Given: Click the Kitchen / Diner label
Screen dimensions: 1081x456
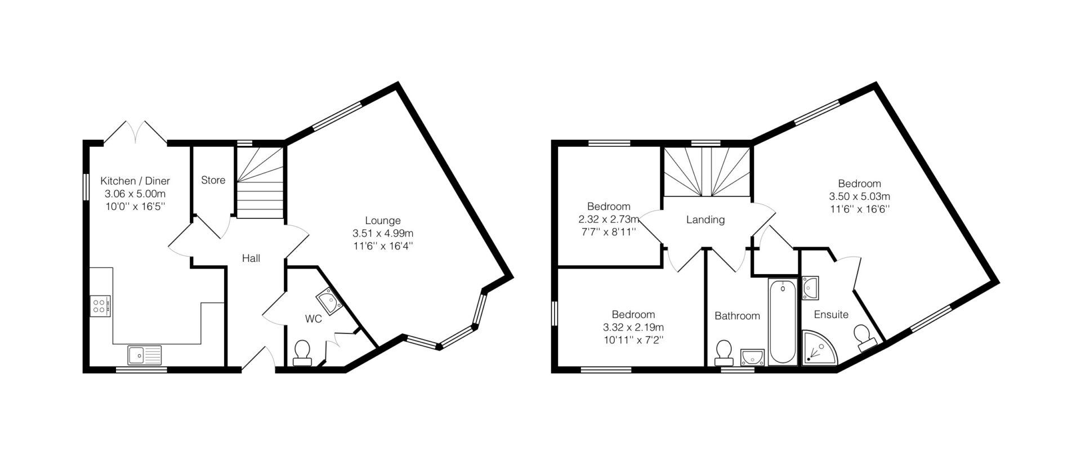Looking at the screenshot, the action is tap(135, 181).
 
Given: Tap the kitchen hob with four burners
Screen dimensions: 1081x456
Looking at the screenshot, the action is tap(100, 306).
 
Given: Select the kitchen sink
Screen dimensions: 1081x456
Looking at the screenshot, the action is tap(144, 355).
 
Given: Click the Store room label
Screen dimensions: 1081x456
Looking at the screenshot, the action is tap(213, 180).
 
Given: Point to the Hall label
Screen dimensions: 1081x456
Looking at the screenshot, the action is tap(251, 258).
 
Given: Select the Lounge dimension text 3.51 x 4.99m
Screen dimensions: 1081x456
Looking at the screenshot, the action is tap(383, 233).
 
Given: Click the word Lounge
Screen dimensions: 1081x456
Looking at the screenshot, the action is tap(383, 221).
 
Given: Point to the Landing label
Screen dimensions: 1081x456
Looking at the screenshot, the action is tap(705, 220).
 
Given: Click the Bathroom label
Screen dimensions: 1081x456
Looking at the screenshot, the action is tap(737, 316).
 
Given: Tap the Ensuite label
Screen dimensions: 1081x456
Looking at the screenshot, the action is tap(831, 315).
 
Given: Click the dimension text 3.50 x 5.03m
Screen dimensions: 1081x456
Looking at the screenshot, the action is tap(859, 196).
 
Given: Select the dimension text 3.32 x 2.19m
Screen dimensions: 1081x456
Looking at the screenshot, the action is tap(633, 327).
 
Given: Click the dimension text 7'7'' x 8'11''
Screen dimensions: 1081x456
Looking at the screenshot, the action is tap(609, 231).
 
